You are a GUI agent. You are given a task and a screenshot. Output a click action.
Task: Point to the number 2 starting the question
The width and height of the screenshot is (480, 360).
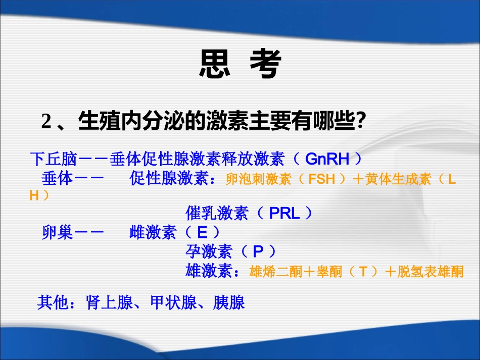(47, 121)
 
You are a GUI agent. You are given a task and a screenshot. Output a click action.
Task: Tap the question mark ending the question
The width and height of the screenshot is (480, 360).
(361, 121)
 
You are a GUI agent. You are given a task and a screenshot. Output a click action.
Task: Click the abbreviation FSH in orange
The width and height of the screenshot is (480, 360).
(322, 179)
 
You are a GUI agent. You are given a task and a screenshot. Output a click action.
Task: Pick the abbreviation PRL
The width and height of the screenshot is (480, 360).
(284, 214)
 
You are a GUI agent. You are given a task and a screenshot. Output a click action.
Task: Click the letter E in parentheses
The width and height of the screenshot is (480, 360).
(202, 233)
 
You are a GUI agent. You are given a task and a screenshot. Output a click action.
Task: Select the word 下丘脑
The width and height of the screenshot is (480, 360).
(53, 160)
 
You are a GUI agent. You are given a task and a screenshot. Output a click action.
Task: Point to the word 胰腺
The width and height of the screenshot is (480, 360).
(229, 302)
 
